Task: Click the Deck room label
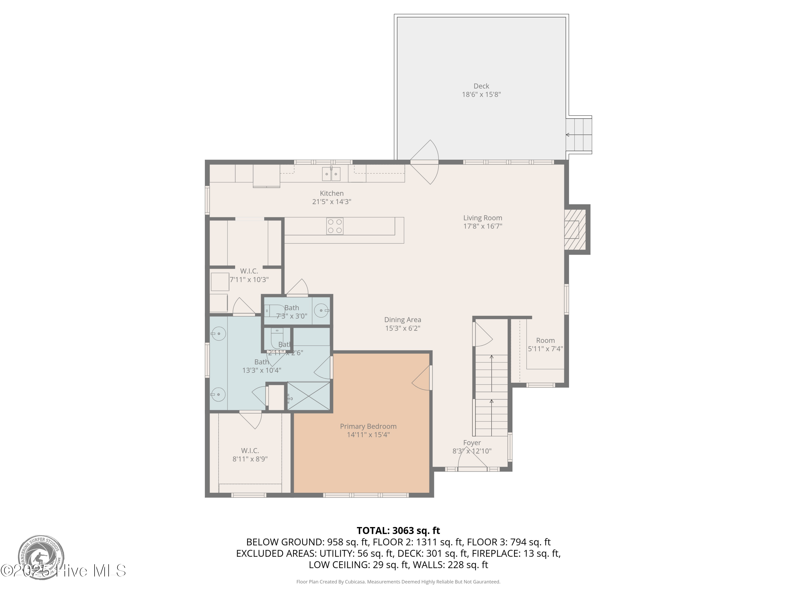(x=481, y=86)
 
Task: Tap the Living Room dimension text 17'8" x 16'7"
(x=482, y=226)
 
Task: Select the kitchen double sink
(x=331, y=174)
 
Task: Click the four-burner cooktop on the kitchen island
(x=334, y=226)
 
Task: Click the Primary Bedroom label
(x=368, y=426)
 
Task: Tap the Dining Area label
(x=402, y=319)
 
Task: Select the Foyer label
(x=472, y=442)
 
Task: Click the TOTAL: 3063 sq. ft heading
(x=398, y=530)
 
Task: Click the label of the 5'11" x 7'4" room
(x=545, y=340)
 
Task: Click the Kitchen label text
(x=332, y=193)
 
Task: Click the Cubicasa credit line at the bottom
(x=398, y=582)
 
